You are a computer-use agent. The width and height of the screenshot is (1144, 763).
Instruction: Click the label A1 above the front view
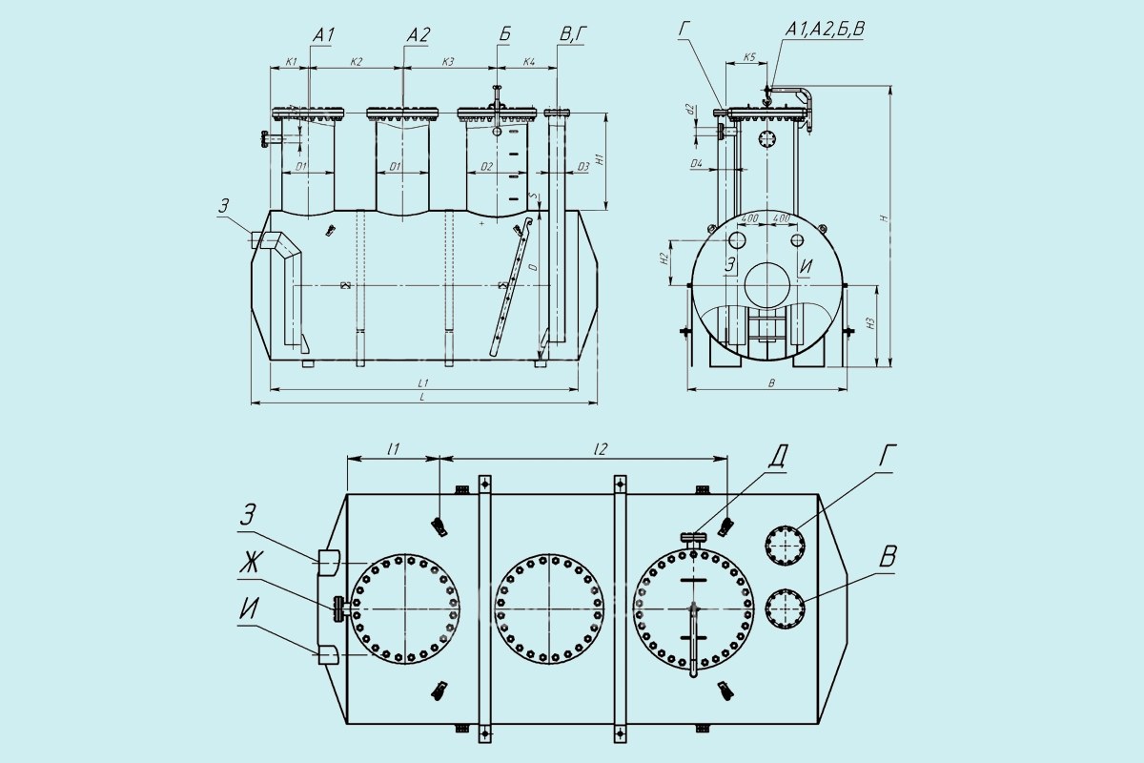point(323,35)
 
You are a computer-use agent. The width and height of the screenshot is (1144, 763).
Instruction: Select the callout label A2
point(419,35)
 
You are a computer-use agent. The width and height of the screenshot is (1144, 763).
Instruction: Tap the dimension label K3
point(448,62)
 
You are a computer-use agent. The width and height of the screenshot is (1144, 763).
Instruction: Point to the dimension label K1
point(292,62)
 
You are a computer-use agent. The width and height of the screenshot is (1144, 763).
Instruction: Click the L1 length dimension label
point(421,381)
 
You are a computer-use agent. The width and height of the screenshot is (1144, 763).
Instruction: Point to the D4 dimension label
point(697,165)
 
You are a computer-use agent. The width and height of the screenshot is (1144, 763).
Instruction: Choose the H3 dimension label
point(870,324)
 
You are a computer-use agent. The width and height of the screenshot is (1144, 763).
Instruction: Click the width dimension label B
point(771,382)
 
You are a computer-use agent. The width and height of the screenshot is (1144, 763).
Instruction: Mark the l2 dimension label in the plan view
point(601,447)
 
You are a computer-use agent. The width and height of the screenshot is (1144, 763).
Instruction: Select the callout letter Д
point(778,457)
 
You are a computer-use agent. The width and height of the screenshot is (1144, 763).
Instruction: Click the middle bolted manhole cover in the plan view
point(549,608)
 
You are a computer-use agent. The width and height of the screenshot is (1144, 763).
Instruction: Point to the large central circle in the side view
point(767,285)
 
